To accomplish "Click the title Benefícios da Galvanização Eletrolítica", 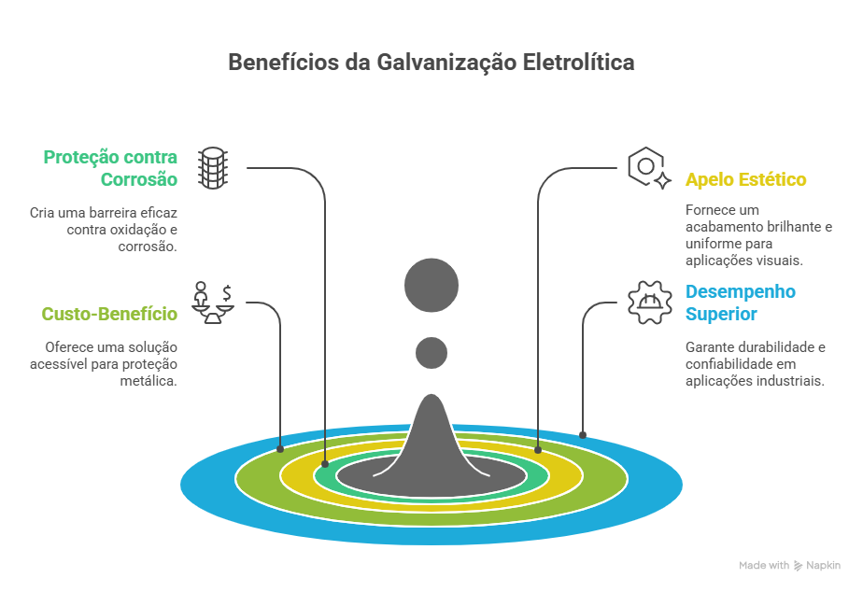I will click(x=431, y=63).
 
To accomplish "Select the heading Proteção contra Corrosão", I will click(x=110, y=167).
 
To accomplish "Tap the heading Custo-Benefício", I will click(x=109, y=314).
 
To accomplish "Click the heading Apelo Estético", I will click(x=745, y=179).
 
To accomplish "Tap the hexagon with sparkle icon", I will click(x=648, y=168).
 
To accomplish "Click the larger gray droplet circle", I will click(x=431, y=284).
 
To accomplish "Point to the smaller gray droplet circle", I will click(x=431, y=352).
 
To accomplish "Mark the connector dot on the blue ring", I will click(x=583, y=434).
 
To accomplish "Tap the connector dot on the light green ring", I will click(x=280, y=449).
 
